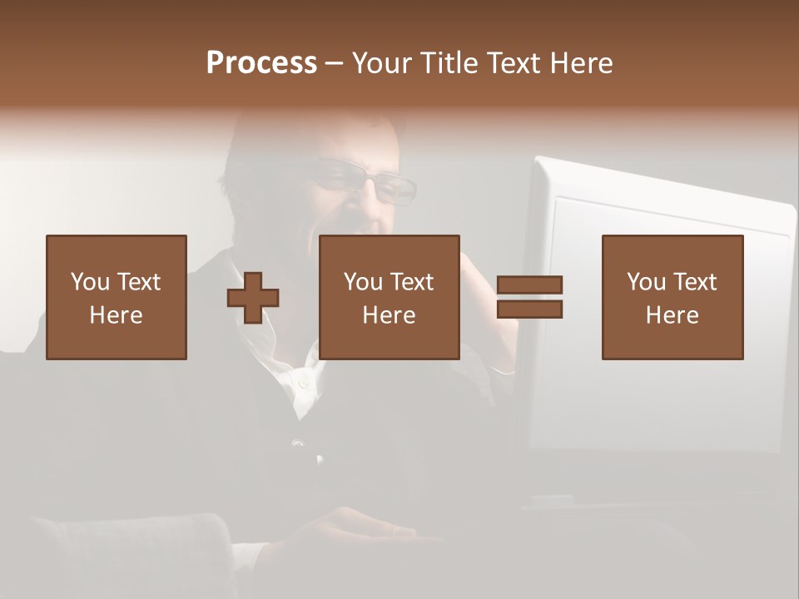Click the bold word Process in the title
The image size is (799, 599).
[x=261, y=63]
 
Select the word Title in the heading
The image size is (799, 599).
[x=449, y=63]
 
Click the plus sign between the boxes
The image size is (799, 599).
[x=253, y=298]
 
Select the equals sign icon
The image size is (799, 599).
[x=529, y=297]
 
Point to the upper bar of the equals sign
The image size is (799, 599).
[x=529, y=285]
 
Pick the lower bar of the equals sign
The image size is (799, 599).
[x=529, y=309]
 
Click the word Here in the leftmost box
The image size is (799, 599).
[x=116, y=315]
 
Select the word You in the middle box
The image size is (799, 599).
[x=362, y=282]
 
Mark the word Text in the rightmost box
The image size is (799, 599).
[x=695, y=282]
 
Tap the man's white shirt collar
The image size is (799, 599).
[x=295, y=379]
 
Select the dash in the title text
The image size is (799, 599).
[x=334, y=64]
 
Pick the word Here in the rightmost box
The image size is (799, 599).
[x=672, y=315]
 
